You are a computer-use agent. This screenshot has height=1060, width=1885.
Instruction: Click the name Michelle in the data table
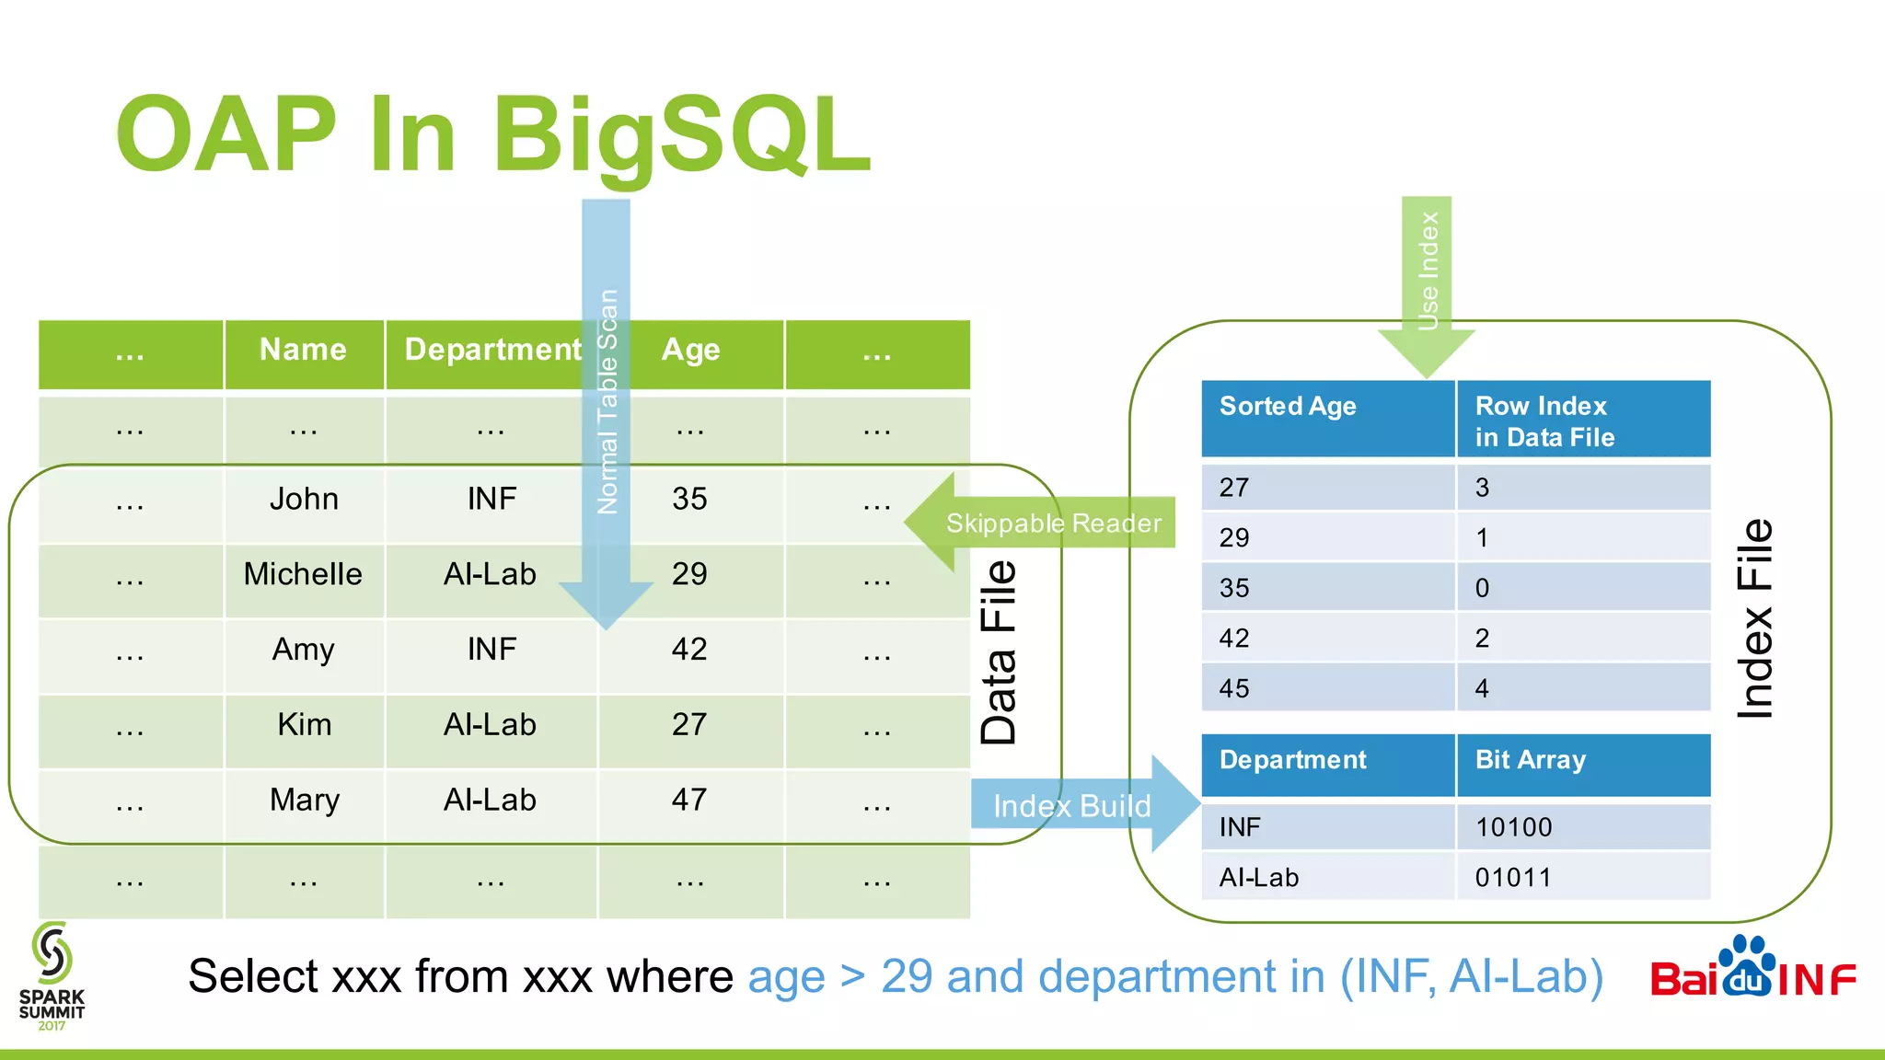[x=303, y=574]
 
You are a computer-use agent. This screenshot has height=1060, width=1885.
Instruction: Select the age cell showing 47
[x=689, y=800]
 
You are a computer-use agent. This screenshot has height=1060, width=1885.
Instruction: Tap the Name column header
[x=303, y=350]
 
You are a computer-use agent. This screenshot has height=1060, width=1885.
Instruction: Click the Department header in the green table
[x=491, y=350]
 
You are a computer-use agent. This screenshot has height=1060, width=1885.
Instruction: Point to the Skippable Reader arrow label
[x=1053, y=523]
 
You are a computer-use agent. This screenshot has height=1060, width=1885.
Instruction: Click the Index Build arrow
[x=1071, y=806]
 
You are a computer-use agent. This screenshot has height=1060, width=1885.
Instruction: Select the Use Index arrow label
[x=1428, y=271]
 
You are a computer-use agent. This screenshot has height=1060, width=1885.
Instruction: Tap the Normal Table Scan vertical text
[x=607, y=401]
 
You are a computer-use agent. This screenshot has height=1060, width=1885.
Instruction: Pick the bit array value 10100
[x=1513, y=827]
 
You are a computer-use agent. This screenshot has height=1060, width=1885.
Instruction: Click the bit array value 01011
[x=1513, y=878]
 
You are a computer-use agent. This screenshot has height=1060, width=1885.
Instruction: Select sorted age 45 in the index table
[x=1234, y=688]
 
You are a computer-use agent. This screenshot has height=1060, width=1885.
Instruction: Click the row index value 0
[x=1482, y=588]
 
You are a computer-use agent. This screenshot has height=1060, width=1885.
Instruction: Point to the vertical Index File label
[x=1754, y=618]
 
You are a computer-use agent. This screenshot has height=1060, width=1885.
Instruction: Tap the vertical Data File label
[x=999, y=652]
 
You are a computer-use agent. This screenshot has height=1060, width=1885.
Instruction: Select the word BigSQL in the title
[x=681, y=134]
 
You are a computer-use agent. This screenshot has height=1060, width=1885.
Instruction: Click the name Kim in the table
[x=304, y=725]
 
